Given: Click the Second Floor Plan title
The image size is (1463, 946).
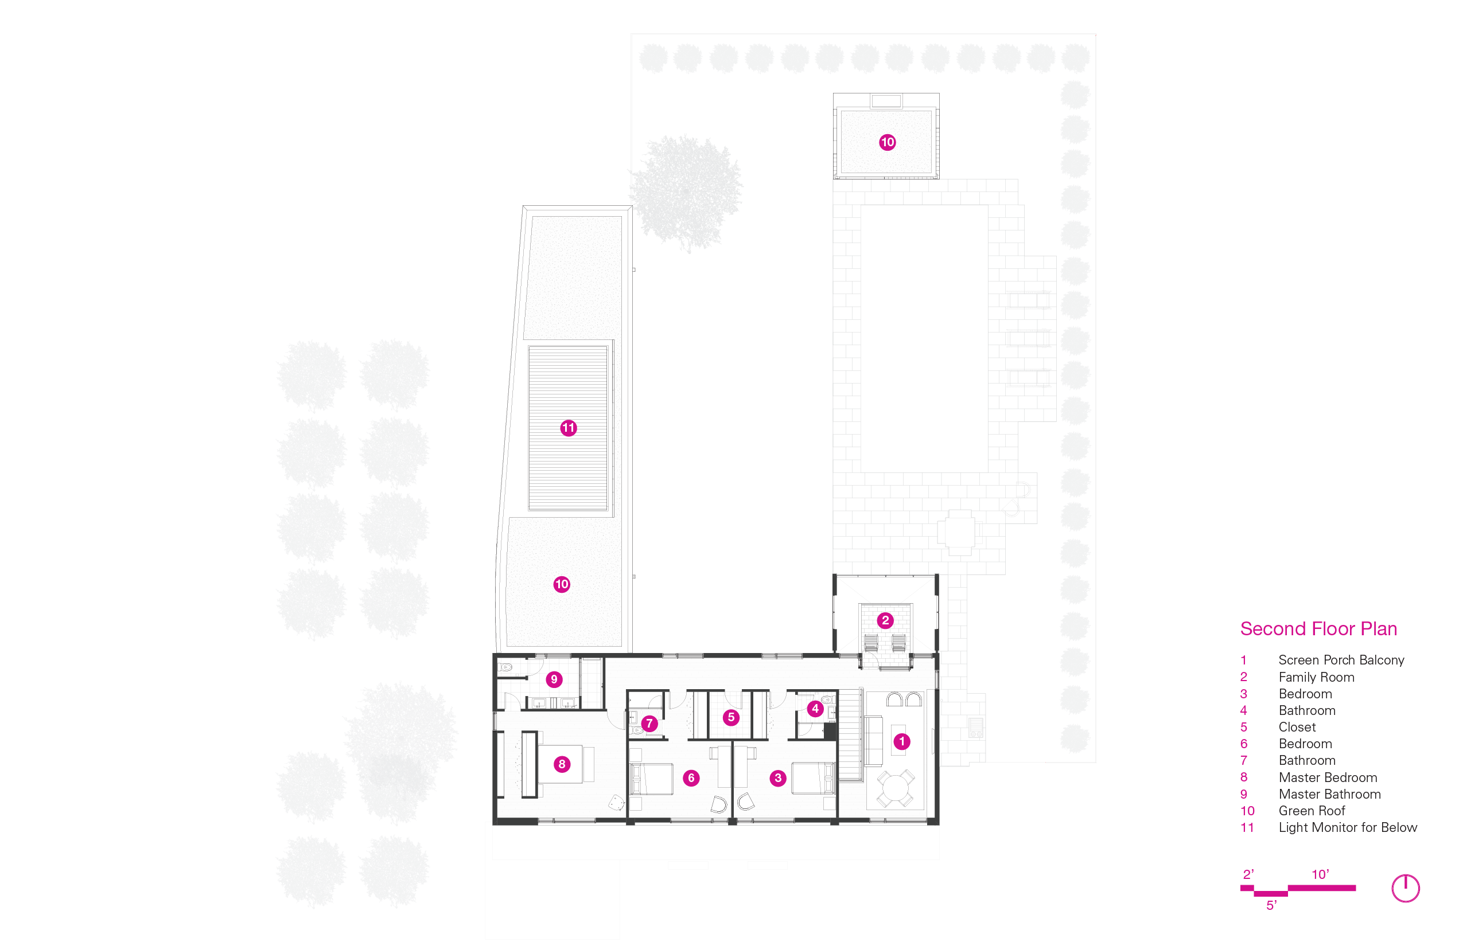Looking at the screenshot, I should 1318,628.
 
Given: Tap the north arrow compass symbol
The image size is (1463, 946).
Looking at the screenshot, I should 1405,888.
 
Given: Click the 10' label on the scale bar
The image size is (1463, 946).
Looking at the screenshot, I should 1320,874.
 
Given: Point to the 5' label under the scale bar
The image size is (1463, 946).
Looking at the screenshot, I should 1271,905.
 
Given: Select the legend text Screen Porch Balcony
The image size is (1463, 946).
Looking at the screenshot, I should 1341,660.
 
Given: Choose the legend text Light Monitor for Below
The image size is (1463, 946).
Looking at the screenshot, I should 1348,827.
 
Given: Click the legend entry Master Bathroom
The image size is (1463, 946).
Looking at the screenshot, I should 1330,794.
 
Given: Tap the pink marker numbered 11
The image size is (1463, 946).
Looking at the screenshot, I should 569,428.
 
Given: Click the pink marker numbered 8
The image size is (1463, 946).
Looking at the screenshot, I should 562,764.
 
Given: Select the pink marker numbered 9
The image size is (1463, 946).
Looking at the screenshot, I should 554,679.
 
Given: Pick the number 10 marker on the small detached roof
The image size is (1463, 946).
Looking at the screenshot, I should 887,143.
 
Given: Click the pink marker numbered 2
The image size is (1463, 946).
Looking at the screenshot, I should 885,620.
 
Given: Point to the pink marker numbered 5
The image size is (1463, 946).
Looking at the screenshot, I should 731,717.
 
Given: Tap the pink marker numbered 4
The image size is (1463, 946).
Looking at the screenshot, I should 815,708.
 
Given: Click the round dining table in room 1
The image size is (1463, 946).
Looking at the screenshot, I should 895,789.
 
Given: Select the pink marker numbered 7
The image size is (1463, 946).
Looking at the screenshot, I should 649,724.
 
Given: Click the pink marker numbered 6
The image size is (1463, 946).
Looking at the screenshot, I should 691,779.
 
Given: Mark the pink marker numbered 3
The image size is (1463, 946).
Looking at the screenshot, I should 777,779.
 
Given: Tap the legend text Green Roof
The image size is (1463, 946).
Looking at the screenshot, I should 1312,811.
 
